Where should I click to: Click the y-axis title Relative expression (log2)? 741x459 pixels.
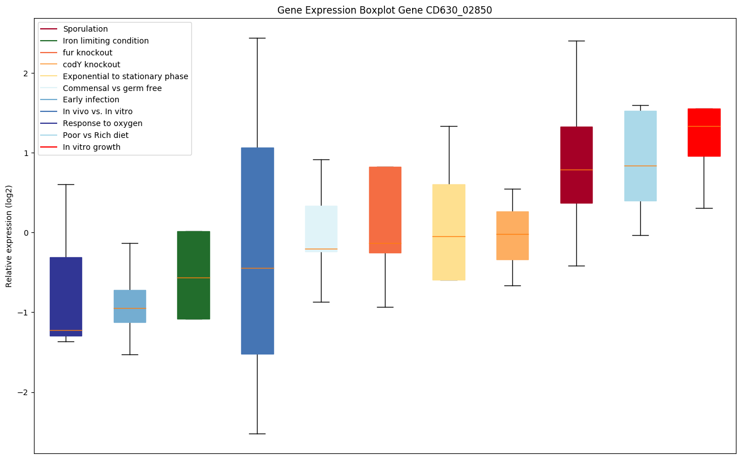click(9, 236)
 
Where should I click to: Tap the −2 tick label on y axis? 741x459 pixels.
click(24, 392)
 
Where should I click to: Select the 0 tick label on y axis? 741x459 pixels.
click(26, 233)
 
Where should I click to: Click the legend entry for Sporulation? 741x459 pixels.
click(85, 29)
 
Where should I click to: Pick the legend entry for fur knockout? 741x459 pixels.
click(88, 53)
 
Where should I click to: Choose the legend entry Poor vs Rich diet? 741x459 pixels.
click(96, 135)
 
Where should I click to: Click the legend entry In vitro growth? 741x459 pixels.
click(92, 147)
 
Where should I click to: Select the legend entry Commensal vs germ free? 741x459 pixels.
click(112, 88)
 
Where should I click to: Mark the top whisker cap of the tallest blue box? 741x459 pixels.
click(258, 38)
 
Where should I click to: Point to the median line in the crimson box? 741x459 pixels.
click(576, 170)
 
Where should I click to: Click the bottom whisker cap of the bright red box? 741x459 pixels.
click(704, 208)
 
